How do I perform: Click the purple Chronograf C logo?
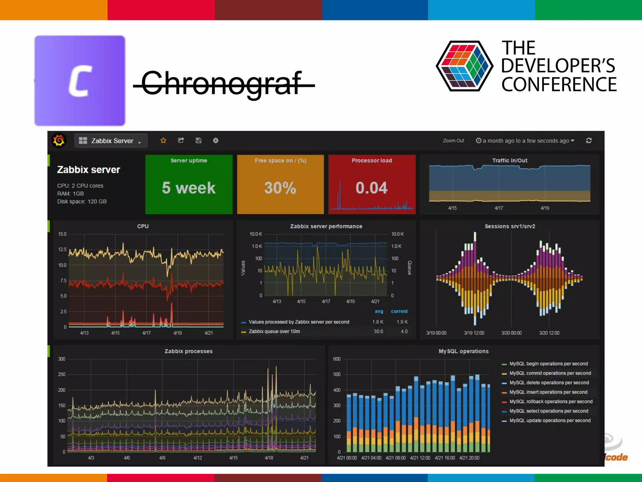point(80,81)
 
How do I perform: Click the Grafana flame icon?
point(59,140)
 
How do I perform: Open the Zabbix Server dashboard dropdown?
point(111,141)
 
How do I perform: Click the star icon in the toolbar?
point(163,140)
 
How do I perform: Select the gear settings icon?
point(216,140)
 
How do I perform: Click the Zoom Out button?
point(453,141)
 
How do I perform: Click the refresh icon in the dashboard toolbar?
point(589,140)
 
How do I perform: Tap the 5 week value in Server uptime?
point(189,188)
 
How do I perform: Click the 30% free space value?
point(280,188)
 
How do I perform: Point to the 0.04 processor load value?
point(371,188)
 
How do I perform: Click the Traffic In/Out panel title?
point(510,160)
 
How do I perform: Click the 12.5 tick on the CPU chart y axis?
point(62,249)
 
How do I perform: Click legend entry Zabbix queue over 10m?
point(274,331)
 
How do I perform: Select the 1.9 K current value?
point(402,322)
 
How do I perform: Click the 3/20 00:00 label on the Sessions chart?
point(511,333)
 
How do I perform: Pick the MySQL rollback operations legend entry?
point(551,402)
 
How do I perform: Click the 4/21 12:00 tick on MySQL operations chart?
point(420,458)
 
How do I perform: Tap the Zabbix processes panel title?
point(188,351)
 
